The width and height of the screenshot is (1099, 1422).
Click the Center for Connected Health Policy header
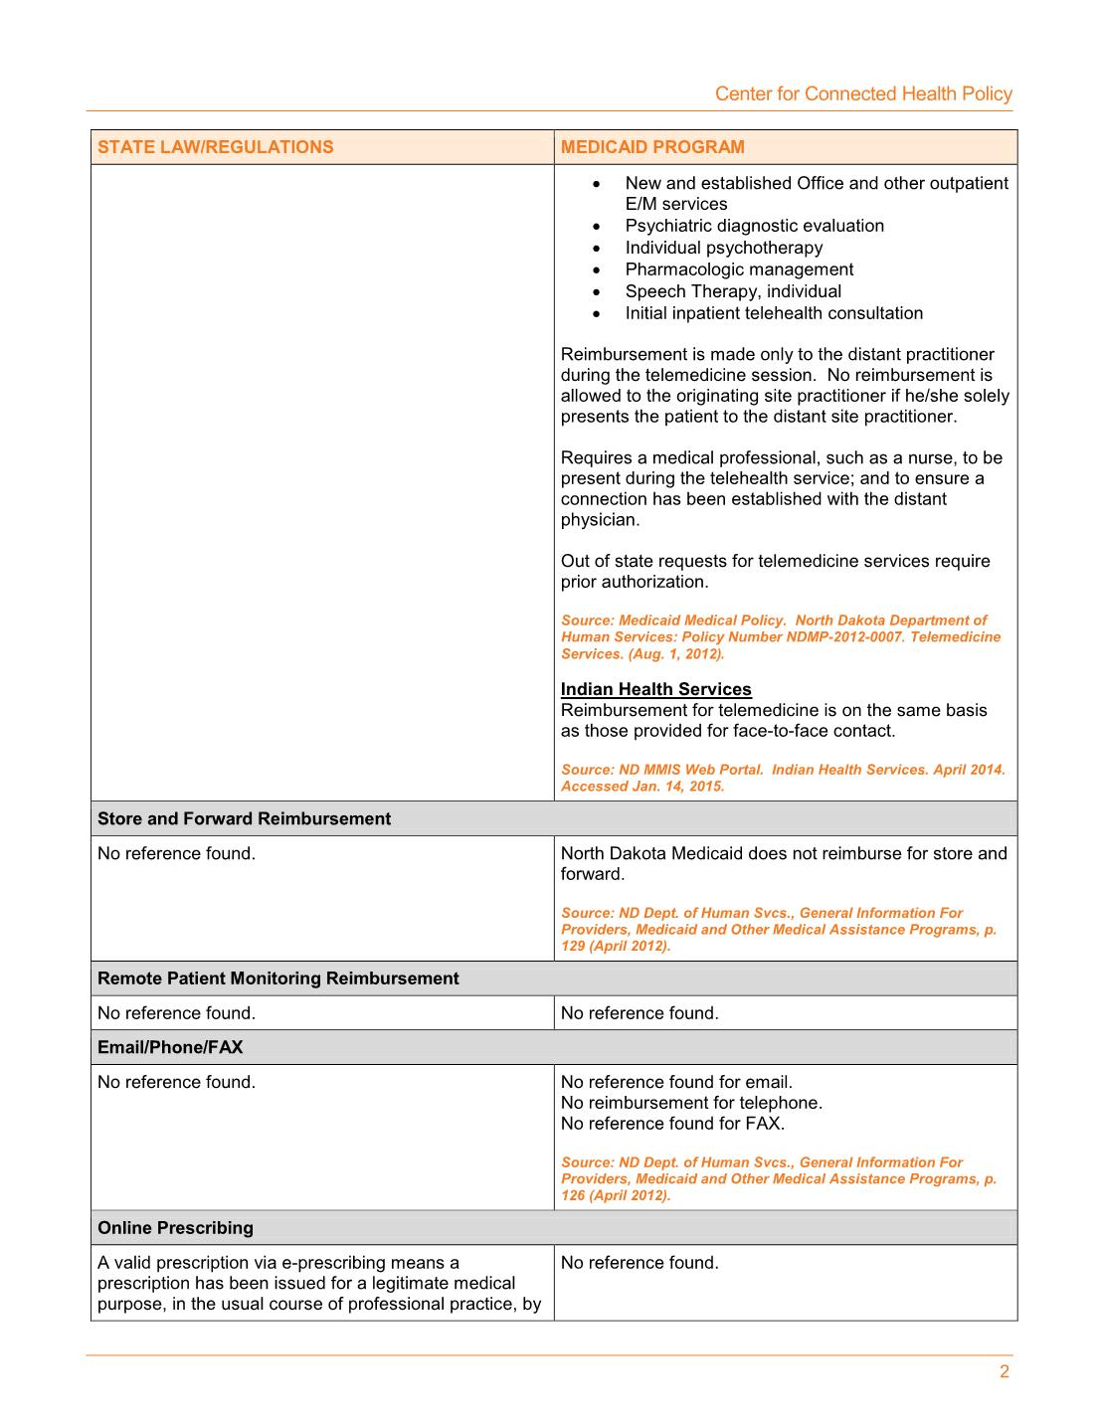click(863, 93)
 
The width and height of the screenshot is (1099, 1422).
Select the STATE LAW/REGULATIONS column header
click(216, 147)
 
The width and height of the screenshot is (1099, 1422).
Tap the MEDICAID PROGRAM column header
click(652, 147)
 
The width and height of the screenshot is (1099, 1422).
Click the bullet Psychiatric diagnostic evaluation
click(754, 226)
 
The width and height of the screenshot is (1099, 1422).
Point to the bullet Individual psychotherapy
click(723, 248)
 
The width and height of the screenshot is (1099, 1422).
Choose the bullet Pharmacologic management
click(739, 269)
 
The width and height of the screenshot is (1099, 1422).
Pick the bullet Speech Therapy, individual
click(733, 291)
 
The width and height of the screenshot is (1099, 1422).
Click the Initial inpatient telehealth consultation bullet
click(774, 313)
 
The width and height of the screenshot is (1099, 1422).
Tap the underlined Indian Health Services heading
click(655, 689)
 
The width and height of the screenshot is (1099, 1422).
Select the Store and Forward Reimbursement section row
click(245, 818)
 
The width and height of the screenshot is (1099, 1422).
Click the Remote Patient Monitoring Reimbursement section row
click(278, 978)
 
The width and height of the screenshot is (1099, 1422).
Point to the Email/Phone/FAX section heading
click(170, 1047)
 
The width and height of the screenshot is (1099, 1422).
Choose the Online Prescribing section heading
click(175, 1228)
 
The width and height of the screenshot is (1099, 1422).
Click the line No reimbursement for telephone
click(691, 1103)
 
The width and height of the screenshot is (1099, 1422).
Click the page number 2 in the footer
click(1005, 1372)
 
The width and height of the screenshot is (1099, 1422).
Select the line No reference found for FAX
click(672, 1124)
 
